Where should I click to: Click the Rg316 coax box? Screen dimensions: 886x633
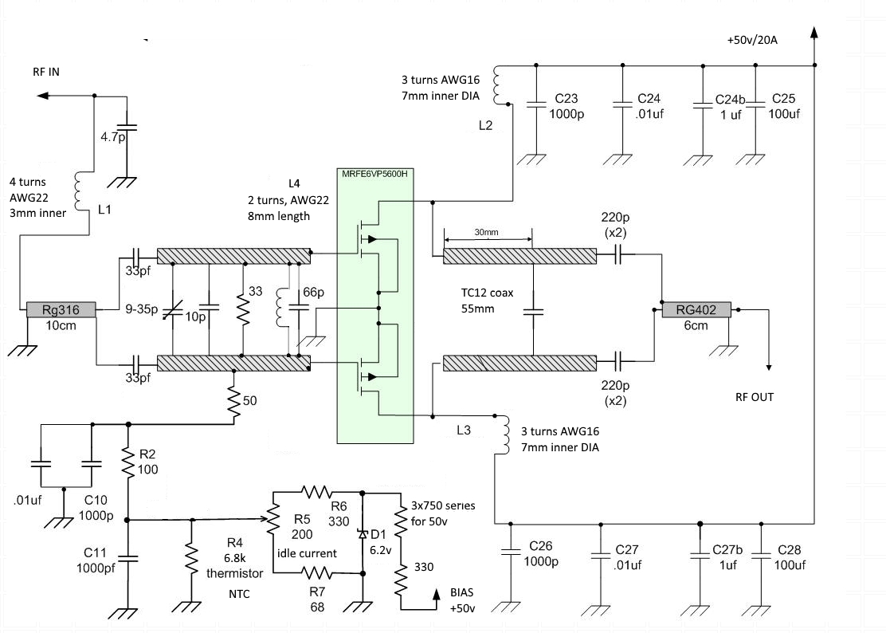click(x=61, y=309)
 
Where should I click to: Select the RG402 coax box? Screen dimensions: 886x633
click(x=696, y=309)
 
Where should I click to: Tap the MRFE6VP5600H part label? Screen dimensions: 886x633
click(x=374, y=174)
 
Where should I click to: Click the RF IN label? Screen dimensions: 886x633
click(x=46, y=72)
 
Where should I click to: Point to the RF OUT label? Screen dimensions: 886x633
click(x=755, y=397)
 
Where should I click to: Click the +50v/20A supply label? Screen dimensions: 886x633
click(x=752, y=40)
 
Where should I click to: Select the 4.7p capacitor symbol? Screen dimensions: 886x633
click(x=127, y=128)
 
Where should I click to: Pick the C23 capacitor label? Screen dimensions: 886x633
click(x=566, y=98)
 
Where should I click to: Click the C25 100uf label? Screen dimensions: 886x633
click(x=784, y=106)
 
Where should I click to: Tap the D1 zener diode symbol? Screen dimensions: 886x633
click(x=363, y=533)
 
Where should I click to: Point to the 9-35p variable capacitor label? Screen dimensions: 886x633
click(x=142, y=309)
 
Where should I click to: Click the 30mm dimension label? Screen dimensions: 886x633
click(x=486, y=232)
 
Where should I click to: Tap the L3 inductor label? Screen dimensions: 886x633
click(x=464, y=430)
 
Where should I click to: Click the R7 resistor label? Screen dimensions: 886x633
click(x=317, y=592)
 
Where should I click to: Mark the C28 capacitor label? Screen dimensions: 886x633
click(x=790, y=550)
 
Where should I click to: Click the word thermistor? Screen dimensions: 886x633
click(x=234, y=573)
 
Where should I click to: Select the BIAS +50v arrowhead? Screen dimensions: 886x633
click(x=436, y=594)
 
